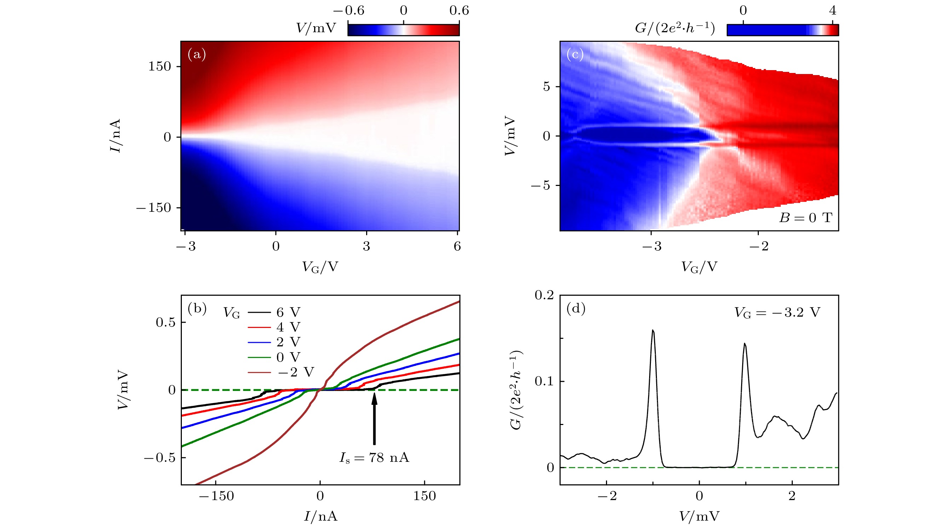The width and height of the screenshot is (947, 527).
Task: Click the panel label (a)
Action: (x=197, y=55)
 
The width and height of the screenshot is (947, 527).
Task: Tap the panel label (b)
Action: (x=197, y=308)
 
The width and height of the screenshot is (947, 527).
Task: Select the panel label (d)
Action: (x=576, y=308)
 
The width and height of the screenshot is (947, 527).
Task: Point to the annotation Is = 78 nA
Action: (x=374, y=458)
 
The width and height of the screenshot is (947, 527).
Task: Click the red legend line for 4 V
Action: (x=259, y=327)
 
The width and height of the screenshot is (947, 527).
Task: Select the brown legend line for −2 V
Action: (x=259, y=372)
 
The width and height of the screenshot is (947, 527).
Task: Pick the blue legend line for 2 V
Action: (x=259, y=342)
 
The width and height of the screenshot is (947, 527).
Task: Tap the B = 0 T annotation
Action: (x=805, y=218)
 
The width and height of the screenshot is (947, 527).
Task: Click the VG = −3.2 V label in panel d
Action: (x=777, y=312)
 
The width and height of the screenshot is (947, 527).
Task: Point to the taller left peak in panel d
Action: (x=653, y=331)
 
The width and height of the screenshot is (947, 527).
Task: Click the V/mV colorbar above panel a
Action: (x=403, y=30)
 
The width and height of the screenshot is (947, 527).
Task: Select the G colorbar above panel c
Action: (x=783, y=30)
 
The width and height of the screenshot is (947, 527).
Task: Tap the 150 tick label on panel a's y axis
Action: (x=160, y=67)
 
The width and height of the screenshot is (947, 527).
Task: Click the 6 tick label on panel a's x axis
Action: (x=457, y=246)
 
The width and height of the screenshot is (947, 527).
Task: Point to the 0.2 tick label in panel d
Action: (x=544, y=295)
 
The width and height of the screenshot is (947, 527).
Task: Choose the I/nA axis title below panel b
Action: (x=320, y=516)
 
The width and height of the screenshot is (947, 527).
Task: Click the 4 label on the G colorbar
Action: (x=833, y=10)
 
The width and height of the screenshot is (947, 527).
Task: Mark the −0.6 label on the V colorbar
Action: (x=348, y=10)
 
